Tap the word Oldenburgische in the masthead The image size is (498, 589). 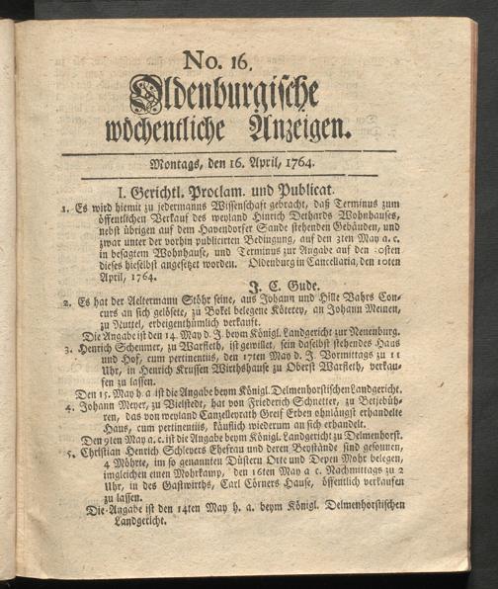coord(225,96)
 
